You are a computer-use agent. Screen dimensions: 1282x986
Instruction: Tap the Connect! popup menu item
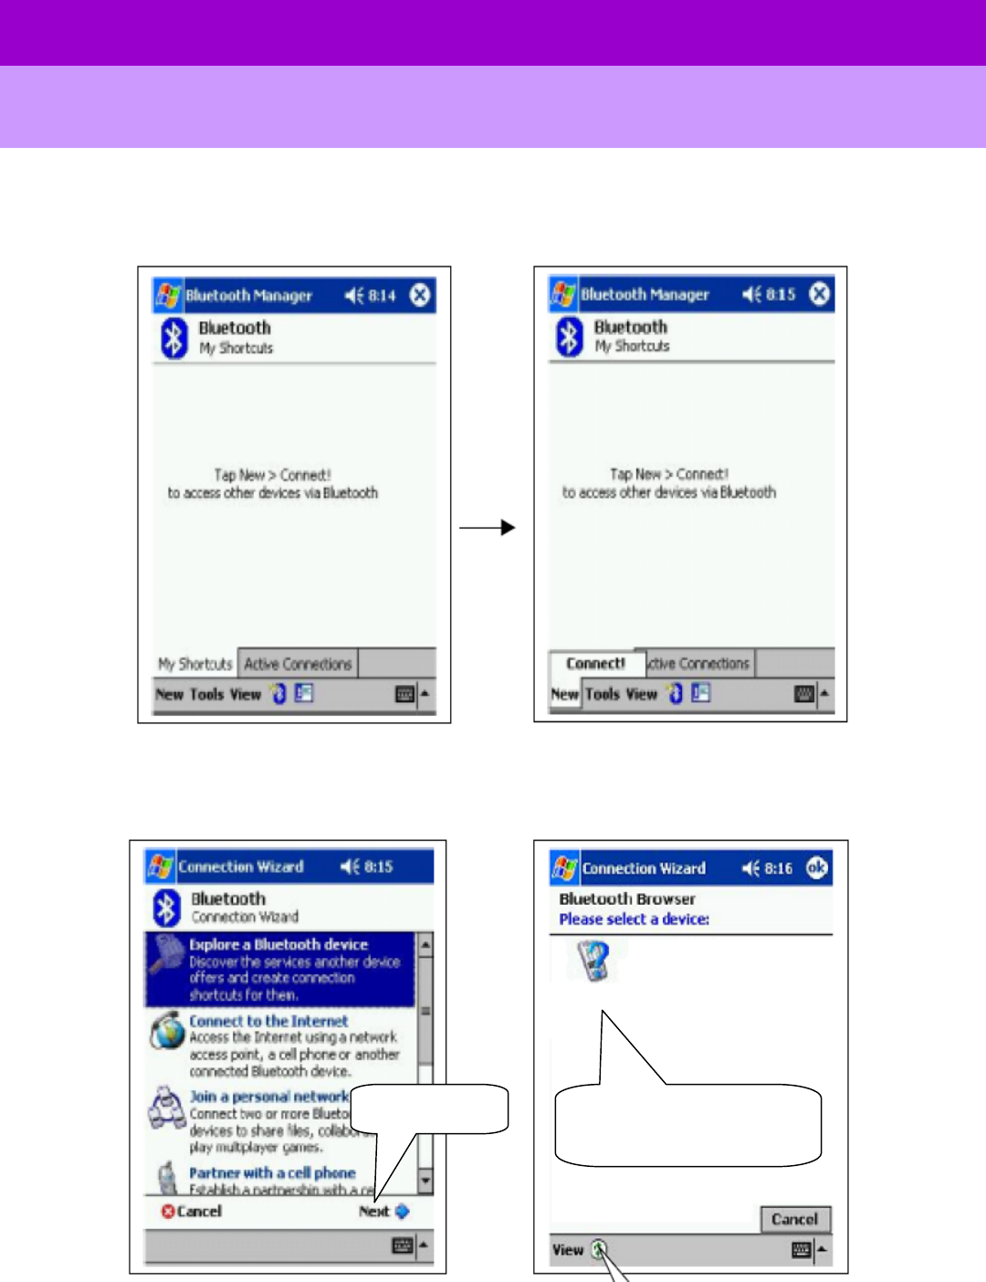[x=595, y=664]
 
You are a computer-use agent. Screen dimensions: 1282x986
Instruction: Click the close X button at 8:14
[x=420, y=295]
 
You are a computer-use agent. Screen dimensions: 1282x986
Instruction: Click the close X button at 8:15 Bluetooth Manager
[x=820, y=294]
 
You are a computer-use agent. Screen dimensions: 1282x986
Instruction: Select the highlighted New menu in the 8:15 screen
[x=564, y=694]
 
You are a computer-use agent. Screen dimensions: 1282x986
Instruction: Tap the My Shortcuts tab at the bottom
[x=195, y=664]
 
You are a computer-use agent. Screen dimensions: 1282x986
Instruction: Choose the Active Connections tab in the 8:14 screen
[x=298, y=664]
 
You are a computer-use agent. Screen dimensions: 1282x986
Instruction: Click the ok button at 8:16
[x=817, y=867]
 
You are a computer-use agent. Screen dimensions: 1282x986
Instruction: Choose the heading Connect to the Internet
[x=268, y=1021]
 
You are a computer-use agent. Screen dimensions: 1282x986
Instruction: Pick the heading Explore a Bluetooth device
[x=278, y=944]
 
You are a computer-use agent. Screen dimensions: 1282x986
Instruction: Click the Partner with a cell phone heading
[x=272, y=1172]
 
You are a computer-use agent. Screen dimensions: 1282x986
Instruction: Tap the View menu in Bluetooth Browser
[x=567, y=1250]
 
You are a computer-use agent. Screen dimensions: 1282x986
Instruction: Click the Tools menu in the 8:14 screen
[x=206, y=694]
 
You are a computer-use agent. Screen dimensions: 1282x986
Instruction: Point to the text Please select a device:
[x=635, y=919]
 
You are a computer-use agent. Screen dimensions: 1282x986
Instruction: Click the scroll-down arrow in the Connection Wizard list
[x=425, y=1181]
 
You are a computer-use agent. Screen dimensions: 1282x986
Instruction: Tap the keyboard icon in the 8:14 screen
[x=405, y=694]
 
